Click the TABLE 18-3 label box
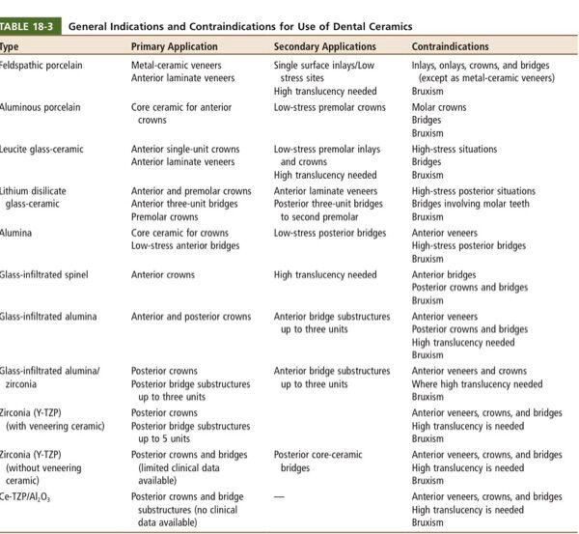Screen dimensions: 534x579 [28, 25]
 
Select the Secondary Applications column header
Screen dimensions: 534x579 [324, 46]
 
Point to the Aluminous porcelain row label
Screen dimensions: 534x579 [40, 107]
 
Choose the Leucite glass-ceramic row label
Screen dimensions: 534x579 [41, 150]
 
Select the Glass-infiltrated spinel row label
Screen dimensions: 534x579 [43, 275]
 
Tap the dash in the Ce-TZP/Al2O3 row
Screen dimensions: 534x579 [281, 496]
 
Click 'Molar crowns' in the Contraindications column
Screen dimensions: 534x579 [439, 107]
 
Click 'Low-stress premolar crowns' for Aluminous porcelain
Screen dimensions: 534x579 [330, 107]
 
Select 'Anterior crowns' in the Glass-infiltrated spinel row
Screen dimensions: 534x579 [162, 275]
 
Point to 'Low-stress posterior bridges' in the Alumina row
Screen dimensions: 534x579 [330, 233]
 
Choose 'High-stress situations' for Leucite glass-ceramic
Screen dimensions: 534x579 [454, 150]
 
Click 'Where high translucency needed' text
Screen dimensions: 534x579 [477, 383]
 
